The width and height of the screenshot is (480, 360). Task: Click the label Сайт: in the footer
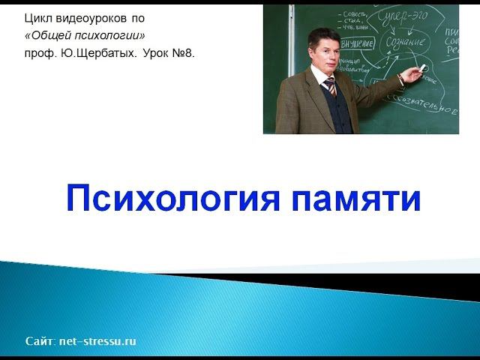coord(40,341)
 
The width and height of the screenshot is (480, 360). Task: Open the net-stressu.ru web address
coord(97,341)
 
